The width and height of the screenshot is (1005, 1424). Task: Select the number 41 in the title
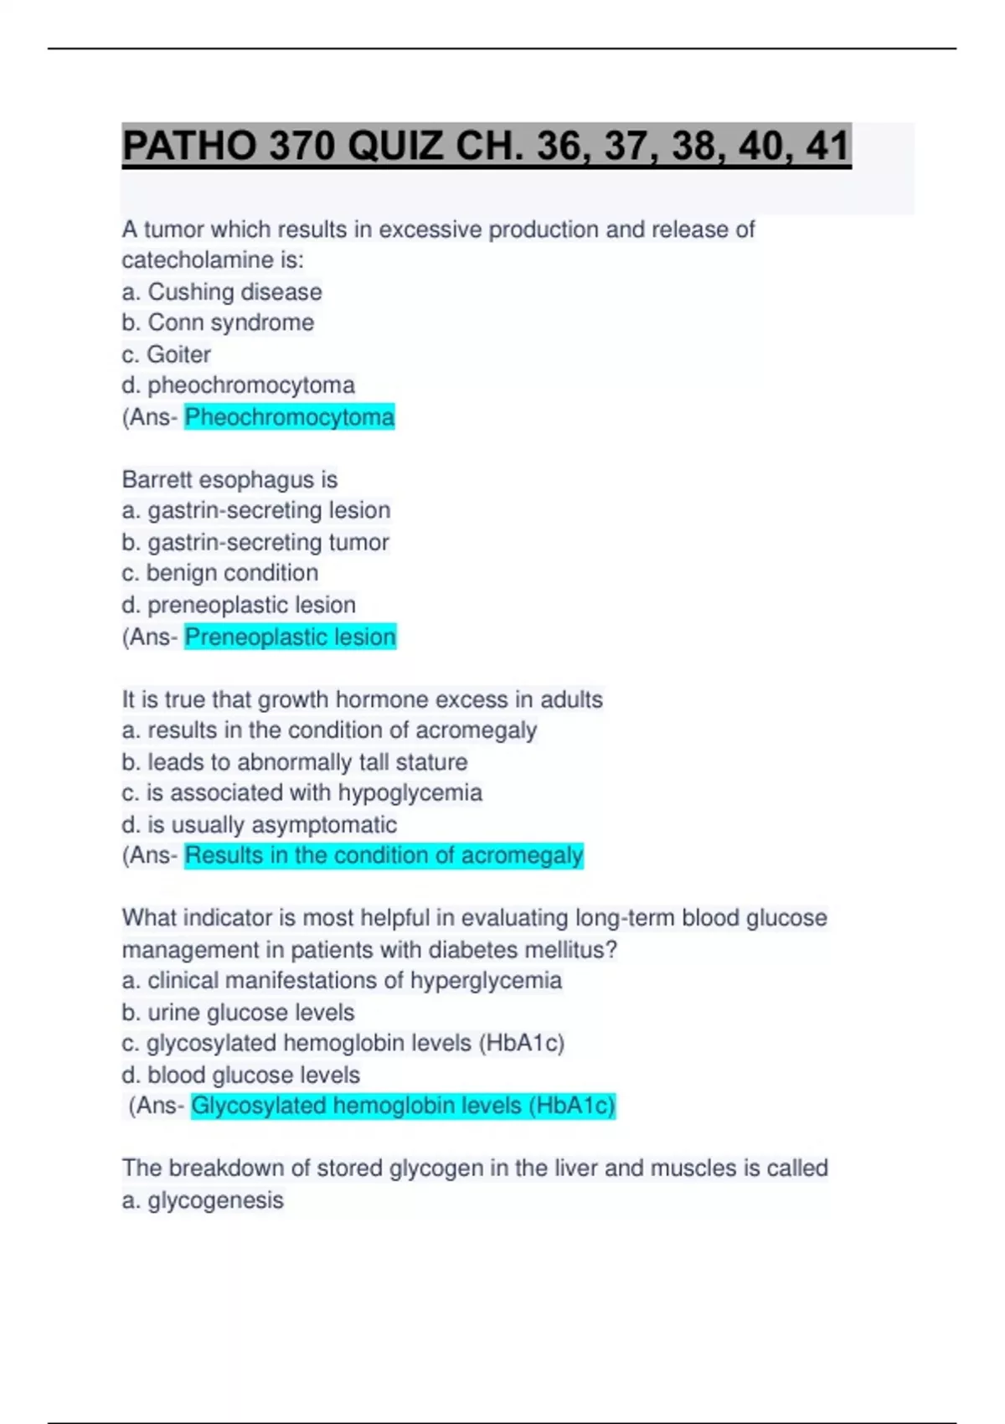pyautogui.click(x=827, y=147)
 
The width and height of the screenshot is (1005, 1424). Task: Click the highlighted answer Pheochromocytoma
pyautogui.click(x=289, y=417)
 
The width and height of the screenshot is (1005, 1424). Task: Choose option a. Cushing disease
pyautogui.click(x=222, y=292)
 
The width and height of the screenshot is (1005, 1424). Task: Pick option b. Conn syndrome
pyautogui.click(x=218, y=322)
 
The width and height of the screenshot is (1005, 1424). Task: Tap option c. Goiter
pyautogui.click(x=166, y=354)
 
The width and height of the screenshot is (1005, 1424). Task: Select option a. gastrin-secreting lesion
pyautogui.click(x=256, y=510)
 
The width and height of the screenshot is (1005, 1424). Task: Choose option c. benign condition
pyautogui.click(x=220, y=573)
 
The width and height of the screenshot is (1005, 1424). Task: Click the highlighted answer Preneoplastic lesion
pyautogui.click(x=290, y=637)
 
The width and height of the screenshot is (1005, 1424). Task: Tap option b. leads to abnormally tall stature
pyautogui.click(x=295, y=762)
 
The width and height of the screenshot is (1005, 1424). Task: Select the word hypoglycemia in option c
pyautogui.click(x=410, y=792)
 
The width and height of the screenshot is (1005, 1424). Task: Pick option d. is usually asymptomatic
pyautogui.click(x=260, y=825)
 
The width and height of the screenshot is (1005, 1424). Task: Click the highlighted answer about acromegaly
pyautogui.click(x=384, y=855)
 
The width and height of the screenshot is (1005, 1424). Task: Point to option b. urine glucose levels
pyautogui.click(x=238, y=1013)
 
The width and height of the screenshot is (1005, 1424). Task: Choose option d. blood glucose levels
pyautogui.click(x=241, y=1075)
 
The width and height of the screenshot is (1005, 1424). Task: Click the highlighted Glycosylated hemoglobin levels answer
pyautogui.click(x=403, y=1106)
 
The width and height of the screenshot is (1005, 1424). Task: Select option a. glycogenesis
pyautogui.click(x=203, y=1200)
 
